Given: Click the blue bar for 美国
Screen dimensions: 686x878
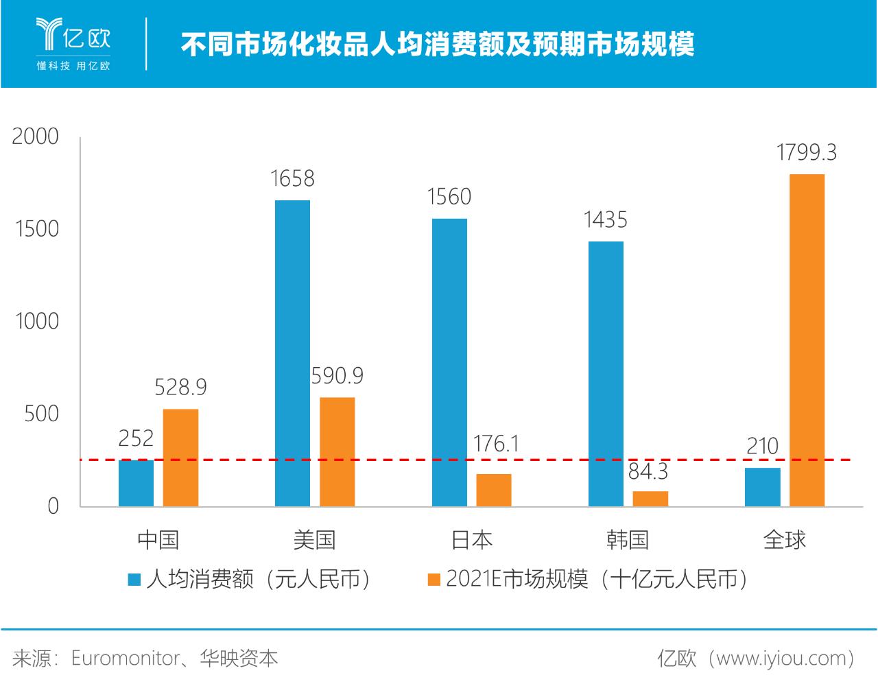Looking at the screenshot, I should click(292, 353).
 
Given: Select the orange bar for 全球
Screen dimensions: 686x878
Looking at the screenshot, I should click(807, 340).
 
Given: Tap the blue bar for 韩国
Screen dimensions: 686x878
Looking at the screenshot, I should click(606, 374).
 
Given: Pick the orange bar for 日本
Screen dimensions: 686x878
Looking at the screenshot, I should click(494, 490).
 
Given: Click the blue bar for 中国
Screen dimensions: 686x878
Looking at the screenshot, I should click(136, 483).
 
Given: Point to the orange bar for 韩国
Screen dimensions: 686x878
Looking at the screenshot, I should click(650, 499).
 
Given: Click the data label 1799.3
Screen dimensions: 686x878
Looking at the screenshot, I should click(807, 152).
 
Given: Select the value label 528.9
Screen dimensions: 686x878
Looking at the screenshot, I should click(180, 388).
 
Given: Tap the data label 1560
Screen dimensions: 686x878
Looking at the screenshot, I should click(449, 197).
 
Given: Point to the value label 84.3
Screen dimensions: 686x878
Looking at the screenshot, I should click(648, 471).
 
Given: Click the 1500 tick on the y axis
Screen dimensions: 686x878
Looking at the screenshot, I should click(37, 228).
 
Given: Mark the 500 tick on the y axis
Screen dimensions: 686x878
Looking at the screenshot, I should click(42, 414).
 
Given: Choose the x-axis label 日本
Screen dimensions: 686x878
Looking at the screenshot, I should click(471, 540).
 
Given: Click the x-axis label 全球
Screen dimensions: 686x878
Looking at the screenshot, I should click(785, 540).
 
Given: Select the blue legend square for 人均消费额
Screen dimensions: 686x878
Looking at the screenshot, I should click(134, 580).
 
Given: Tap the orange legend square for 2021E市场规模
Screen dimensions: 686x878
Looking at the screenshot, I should click(434, 580).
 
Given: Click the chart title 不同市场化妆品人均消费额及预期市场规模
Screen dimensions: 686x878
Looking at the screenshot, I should click(438, 45).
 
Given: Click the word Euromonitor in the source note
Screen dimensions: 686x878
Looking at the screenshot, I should click(126, 659).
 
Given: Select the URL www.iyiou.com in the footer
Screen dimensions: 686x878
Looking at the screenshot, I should click(781, 659).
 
